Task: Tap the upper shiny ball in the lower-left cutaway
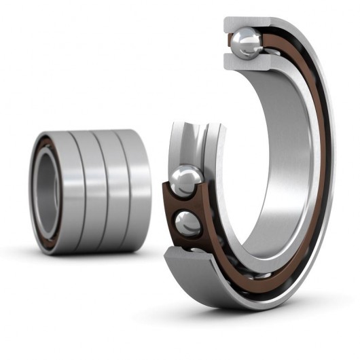185,181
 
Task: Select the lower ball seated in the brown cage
188,223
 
